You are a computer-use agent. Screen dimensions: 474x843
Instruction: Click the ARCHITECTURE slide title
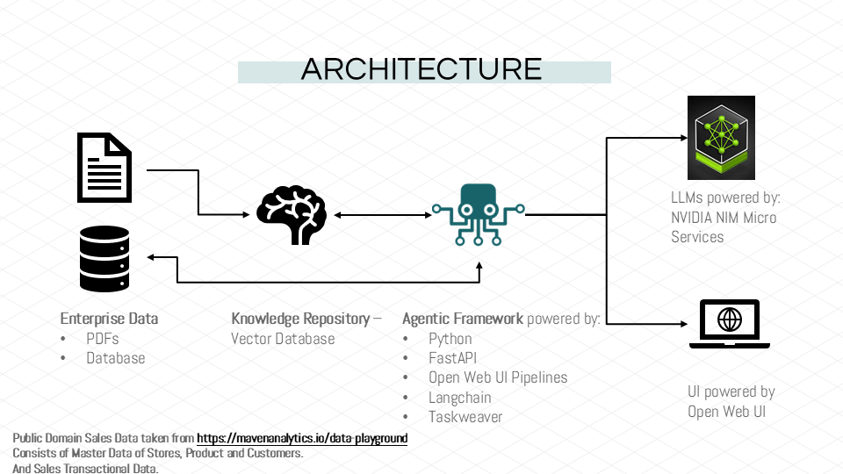click(421, 69)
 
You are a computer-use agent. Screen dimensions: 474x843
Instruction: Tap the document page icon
click(104, 167)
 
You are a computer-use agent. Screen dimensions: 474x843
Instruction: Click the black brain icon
click(291, 213)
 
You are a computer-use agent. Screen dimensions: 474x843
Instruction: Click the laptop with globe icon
click(729, 324)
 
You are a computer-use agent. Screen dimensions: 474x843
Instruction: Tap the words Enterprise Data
click(109, 318)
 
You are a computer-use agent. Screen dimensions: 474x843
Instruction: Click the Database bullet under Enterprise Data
click(115, 358)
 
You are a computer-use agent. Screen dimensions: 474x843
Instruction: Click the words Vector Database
click(283, 338)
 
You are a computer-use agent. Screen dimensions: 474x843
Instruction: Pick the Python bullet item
click(450, 338)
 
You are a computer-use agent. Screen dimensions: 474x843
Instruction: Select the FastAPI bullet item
click(452, 358)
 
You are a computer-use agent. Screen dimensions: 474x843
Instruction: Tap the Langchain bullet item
click(459, 398)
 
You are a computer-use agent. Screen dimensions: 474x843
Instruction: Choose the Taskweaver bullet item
click(465, 417)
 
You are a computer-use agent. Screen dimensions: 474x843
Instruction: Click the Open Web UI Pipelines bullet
click(498, 377)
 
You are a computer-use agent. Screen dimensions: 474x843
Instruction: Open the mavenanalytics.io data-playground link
click(302, 438)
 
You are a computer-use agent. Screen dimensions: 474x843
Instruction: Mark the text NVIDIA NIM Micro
click(724, 217)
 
